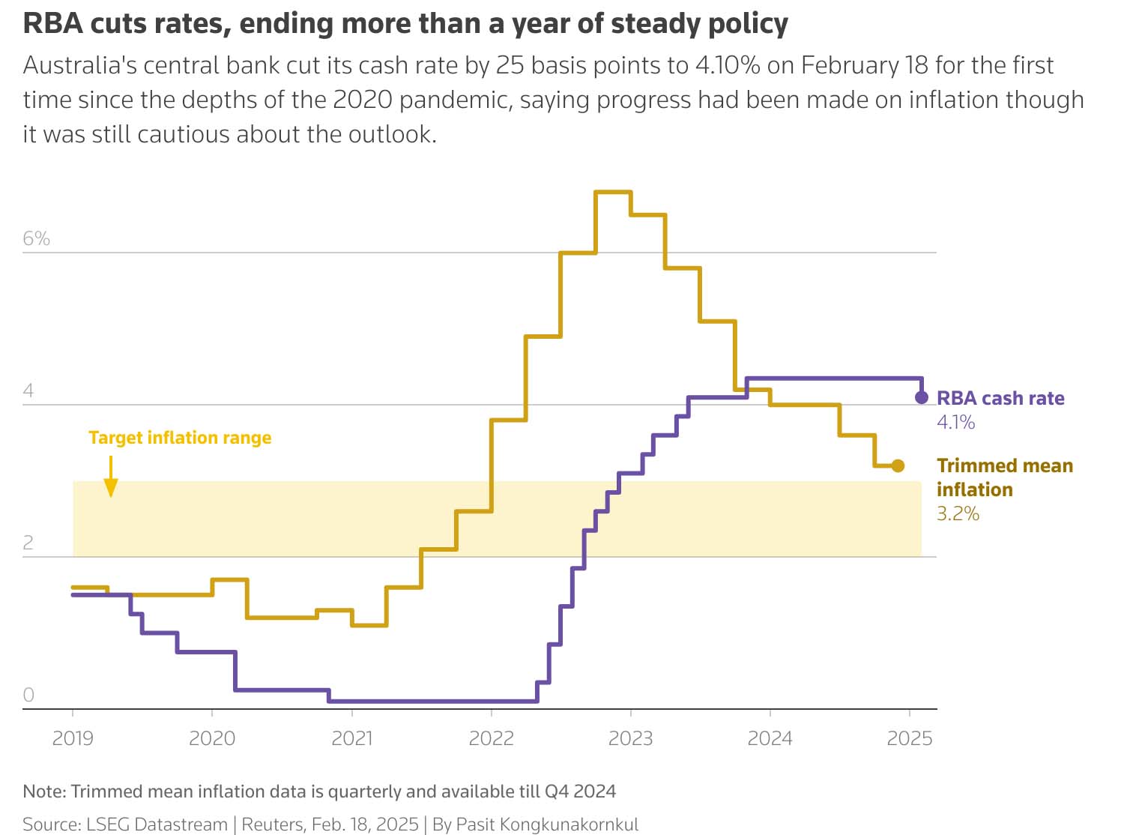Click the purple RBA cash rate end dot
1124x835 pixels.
[x=922, y=397]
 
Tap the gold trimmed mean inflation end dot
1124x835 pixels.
[x=898, y=466]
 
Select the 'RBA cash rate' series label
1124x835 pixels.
[x=1000, y=398]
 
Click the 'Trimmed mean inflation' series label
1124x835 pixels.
[x=1004, y=477]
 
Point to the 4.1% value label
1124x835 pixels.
[x=955, y=423]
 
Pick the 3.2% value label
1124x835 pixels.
[x=958, y=513]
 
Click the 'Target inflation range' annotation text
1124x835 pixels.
[x=180, y=438]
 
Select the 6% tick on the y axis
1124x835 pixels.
[x=36, y=238]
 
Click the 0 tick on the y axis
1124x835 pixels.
[x=28, y=695]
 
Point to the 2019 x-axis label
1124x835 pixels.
[x=73, y=738]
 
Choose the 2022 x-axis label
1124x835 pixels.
[x=491, y=738]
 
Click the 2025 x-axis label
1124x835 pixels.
[x=909, y=738]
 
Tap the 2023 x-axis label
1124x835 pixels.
[x=630, y=738]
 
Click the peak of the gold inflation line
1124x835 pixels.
[x=613, y=192]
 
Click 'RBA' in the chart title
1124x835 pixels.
[x=52, y=24]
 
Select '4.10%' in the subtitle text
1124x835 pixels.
[x=727, y=65]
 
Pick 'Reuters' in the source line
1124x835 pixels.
[x=273, y=825]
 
